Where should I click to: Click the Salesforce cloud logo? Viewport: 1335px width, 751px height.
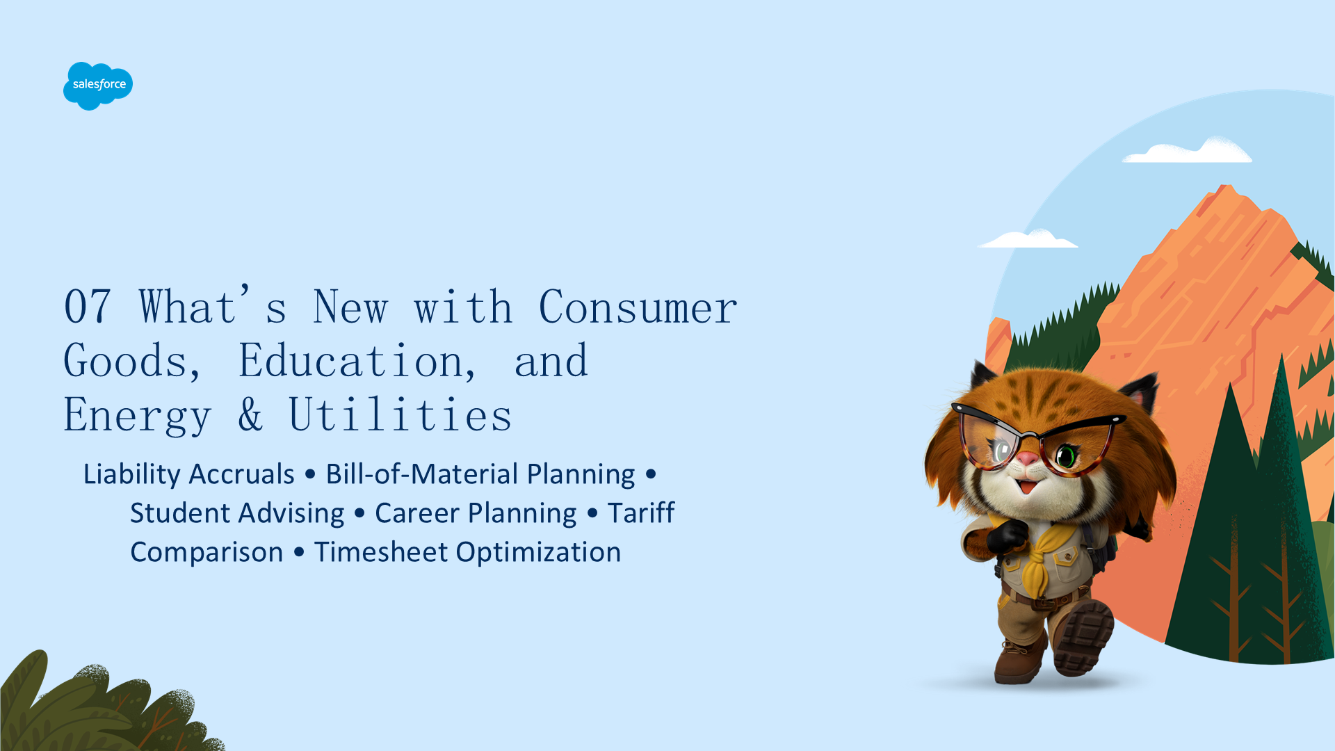click(98, 86)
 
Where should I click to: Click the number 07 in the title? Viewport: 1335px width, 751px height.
click(88, 307)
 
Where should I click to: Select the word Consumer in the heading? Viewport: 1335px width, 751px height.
click(638, 307)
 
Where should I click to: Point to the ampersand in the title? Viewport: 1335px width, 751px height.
click(250, 414)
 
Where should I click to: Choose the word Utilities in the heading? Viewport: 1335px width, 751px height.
click(400, 414)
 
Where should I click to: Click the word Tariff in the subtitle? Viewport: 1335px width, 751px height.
click(641, 512)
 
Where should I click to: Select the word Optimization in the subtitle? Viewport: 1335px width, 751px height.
click(539, 553)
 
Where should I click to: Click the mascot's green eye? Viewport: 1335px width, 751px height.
click(1067, 457)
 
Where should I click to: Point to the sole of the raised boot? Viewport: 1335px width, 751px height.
click(1083, 636)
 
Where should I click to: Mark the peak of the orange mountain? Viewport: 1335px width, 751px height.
click(1227, 186)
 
